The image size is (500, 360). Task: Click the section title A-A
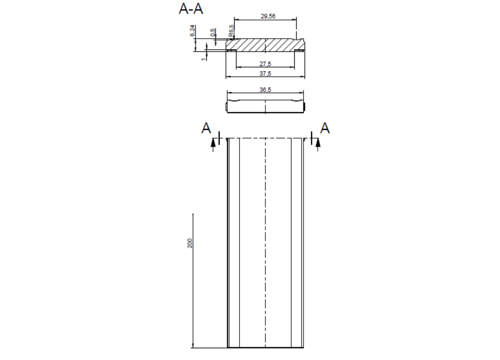click(191, 9)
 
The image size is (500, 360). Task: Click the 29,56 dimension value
click(268, 16)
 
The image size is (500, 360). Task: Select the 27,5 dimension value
click(265, 64)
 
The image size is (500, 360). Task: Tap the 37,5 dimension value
click(265, 74)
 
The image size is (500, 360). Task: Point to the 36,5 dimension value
click(265, 90)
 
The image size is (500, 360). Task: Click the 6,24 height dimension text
click(192, 31)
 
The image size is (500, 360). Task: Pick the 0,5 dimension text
click(213, 32)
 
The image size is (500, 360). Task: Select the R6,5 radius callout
click(232, 31)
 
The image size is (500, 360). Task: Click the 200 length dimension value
click(190, 243)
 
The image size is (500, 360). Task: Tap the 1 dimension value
click(203, 59)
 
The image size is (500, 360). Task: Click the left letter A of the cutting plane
click(206, 128)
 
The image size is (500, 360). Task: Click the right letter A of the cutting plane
click(325, 128)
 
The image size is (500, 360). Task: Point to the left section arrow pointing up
click(213, 144)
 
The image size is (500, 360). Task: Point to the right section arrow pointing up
click(318, 144)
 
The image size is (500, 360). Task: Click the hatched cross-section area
click(265, 44)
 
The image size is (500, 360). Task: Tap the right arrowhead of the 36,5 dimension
click(302, 93)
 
